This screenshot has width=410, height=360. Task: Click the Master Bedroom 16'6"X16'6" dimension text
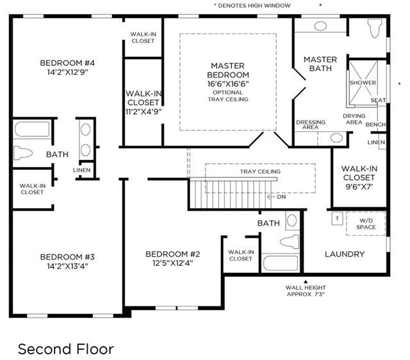[x=228, y=84]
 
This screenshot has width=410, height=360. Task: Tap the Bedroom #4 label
[x=67, y=63]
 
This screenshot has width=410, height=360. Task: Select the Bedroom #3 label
[x=67, y=257]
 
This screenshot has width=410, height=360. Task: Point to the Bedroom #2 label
[x=173, y=254]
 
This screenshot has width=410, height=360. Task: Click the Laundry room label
[x=345, y=254]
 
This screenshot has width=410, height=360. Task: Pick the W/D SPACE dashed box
[x=366, y=224]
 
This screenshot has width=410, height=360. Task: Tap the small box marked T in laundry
[x=338, y=218]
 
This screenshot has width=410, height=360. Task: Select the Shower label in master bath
[x=363, y=83]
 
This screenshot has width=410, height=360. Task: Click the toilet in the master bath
[x=374, y=28]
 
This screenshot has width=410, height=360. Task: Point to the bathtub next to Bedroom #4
[x=32, y=129]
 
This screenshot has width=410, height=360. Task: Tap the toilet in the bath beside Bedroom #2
[x=290, y=241]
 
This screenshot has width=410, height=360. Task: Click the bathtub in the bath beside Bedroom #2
[x=281, y=263]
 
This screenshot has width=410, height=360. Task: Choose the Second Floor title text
[x=66, y=349]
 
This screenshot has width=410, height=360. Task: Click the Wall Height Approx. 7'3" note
[x=306, y=291]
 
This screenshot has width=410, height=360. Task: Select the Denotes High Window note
[x=252, y=6]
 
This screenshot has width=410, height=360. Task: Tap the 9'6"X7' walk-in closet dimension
[x=359, y=186]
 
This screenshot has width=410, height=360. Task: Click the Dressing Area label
[x=311, y=125]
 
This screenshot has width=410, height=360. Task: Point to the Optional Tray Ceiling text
[x=228, y=96]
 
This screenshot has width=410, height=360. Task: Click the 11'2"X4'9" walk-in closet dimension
[x=143, y=111]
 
